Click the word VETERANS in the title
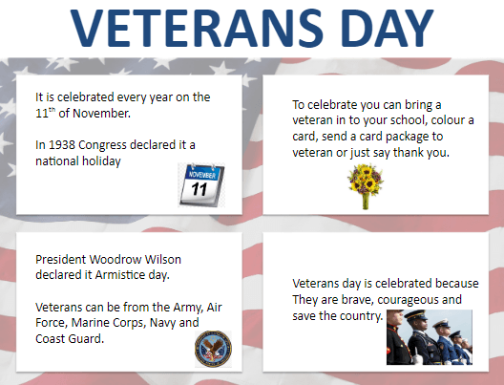click(x=197, y=29)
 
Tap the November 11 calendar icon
click(x=201, y=185)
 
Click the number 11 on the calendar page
click(x=199, y=189)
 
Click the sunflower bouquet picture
click(x=366, y=186)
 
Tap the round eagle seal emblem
click(x=213, y=349)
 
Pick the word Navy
click(x=163, y=323)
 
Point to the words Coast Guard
click(x=70, y=339)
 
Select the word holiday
click(x=101, y=161)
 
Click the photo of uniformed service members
click(x=430, y=337)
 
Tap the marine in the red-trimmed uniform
click(x=397, y=337)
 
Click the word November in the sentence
click(x=101, y=114)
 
